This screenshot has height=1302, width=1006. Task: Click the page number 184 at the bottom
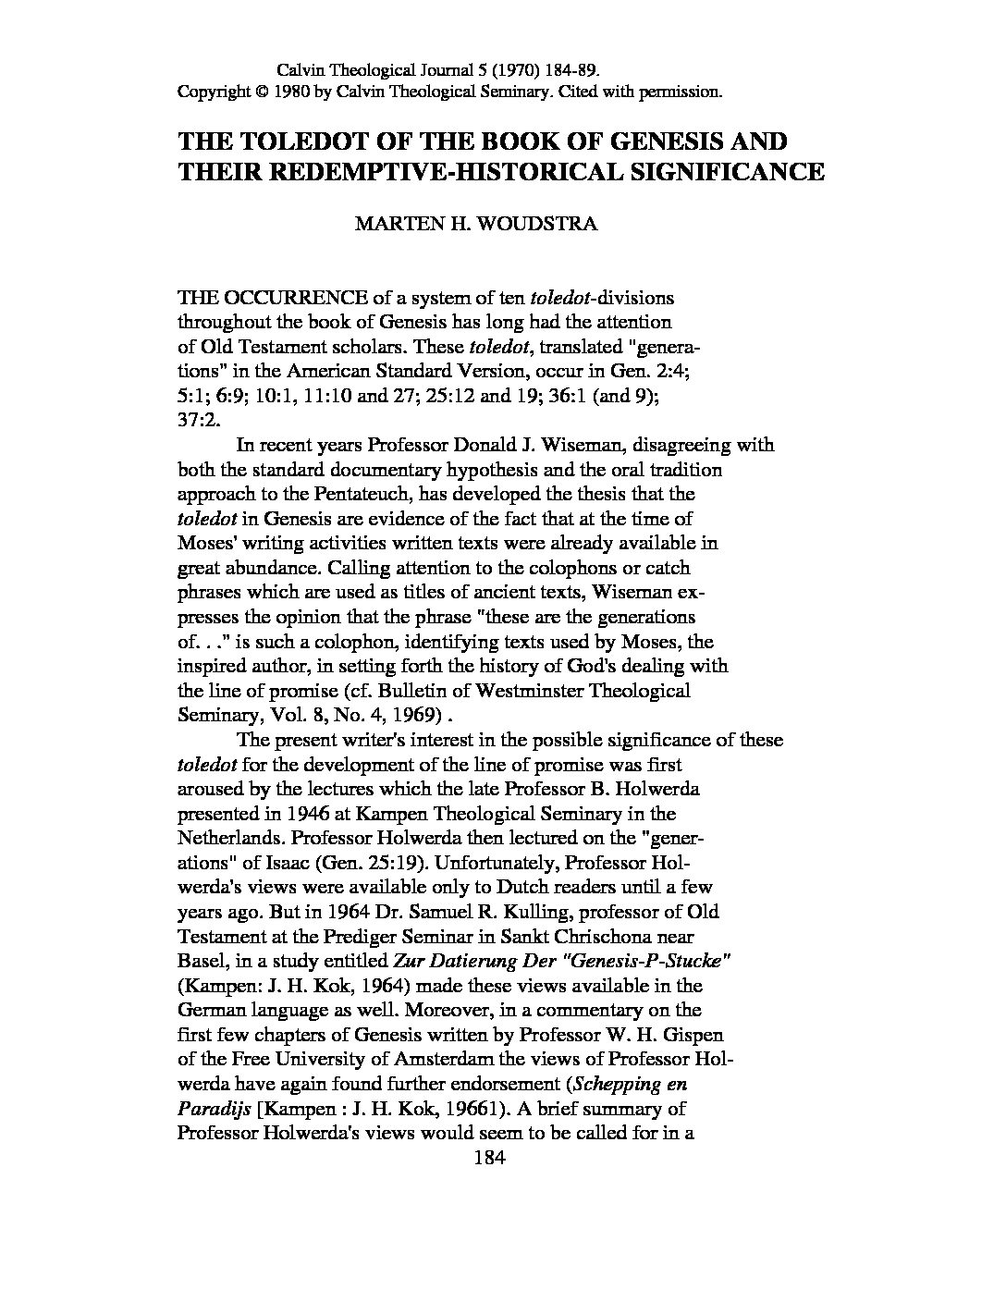click(x=486, y=1157)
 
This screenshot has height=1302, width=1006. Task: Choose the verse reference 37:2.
click(x=196, y=421)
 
